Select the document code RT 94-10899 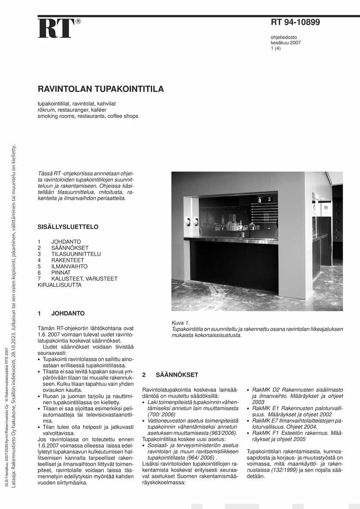click(295, 22)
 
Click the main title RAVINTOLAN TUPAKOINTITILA click(101, 89)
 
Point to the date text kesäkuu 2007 click(285, 43)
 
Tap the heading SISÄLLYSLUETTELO click(68, 227)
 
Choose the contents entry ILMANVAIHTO click(69, 266)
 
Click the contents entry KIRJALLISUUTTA click(60, 285)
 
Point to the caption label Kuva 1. click(181, 323)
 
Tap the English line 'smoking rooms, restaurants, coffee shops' click(88, 116)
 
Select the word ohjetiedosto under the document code click(284, 37)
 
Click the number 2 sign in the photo click(269, 199)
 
